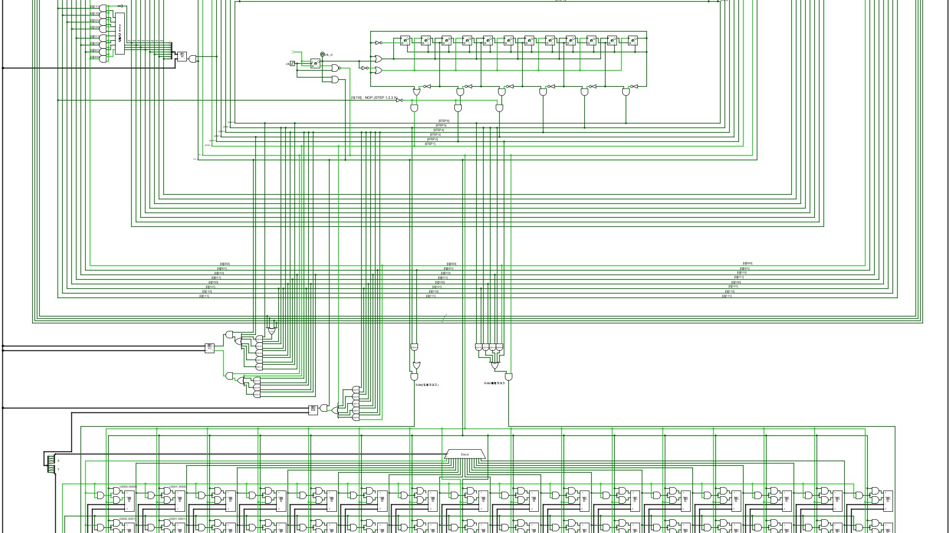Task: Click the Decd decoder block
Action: [x=465, y=454]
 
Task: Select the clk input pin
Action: [x=292, y=64]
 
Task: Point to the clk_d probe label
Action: [x=328, y=55]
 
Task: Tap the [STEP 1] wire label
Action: [x=430, y=144]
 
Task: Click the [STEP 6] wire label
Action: [x=444, y=121]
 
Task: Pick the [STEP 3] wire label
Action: [x=435, y=134]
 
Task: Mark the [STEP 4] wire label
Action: [x=438, y=130]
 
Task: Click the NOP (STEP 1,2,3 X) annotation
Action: [x=374, y=98]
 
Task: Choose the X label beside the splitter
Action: [x=58, y=461]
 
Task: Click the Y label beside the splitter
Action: [x=58, y=469]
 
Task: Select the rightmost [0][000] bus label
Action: [x=748, y=264]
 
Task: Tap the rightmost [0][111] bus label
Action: [x=727, y=296]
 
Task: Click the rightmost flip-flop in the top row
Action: [x=633, y=41]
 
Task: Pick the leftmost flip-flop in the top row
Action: [x=405, y=41]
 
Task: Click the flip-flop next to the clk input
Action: [x=315, y=63]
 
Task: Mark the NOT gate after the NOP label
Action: [x=399, y=100]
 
